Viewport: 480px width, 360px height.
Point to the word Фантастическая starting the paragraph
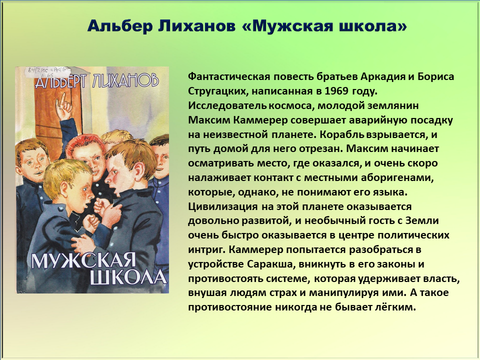[x=229, y=76]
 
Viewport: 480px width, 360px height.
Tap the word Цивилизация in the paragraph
[x=223, y=206]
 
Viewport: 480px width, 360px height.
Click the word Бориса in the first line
[x=436, y=76]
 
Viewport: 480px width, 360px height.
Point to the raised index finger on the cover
[x=62, y=100]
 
